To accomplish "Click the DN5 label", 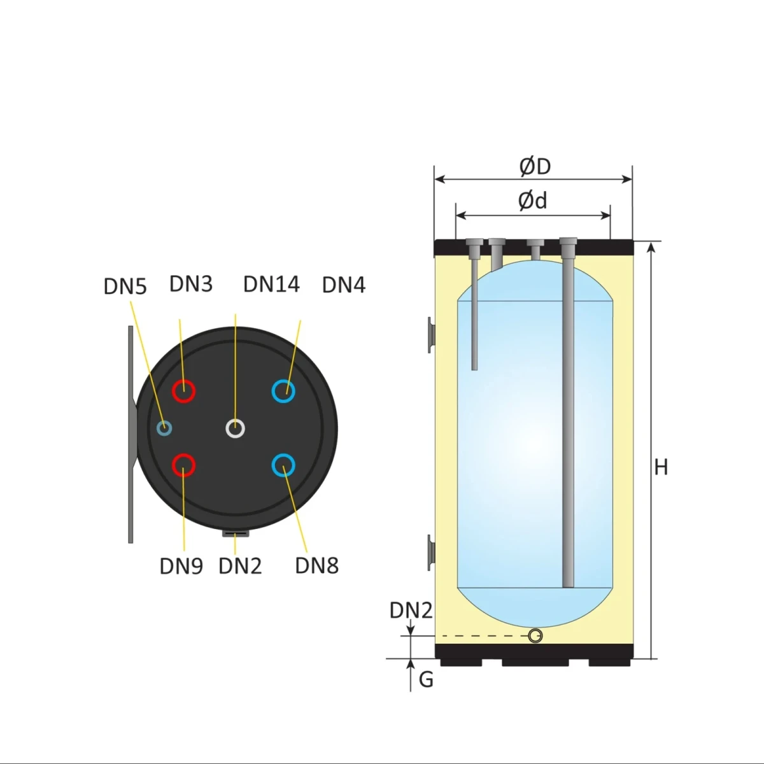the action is point(125,286).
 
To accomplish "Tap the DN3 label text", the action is point(191,284).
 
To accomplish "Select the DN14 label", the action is point(272,284).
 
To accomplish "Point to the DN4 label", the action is point(344,285).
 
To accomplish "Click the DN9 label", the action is point(181,566).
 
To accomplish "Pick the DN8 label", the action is point(317,566).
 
